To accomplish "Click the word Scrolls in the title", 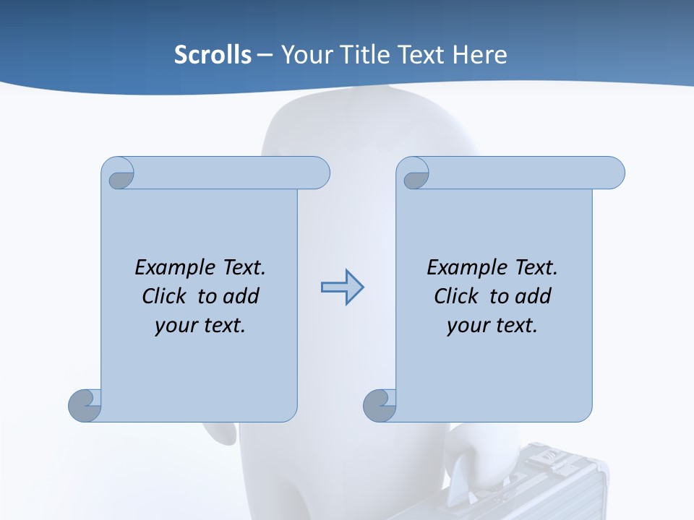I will pos(213,55).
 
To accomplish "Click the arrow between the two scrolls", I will pos(342,287).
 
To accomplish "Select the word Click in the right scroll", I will pos(456,296).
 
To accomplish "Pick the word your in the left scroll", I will pos(173,326).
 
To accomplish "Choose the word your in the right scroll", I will pos(466,326).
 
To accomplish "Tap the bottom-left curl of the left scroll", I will pos(85,406).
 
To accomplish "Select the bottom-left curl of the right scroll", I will pos(379,406).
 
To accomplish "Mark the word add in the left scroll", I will pos(240,296).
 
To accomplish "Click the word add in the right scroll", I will pos(532,296).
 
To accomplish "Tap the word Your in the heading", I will pos(306,55).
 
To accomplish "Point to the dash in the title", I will pos(265,55).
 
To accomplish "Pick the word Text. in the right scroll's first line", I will pos(536,267).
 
